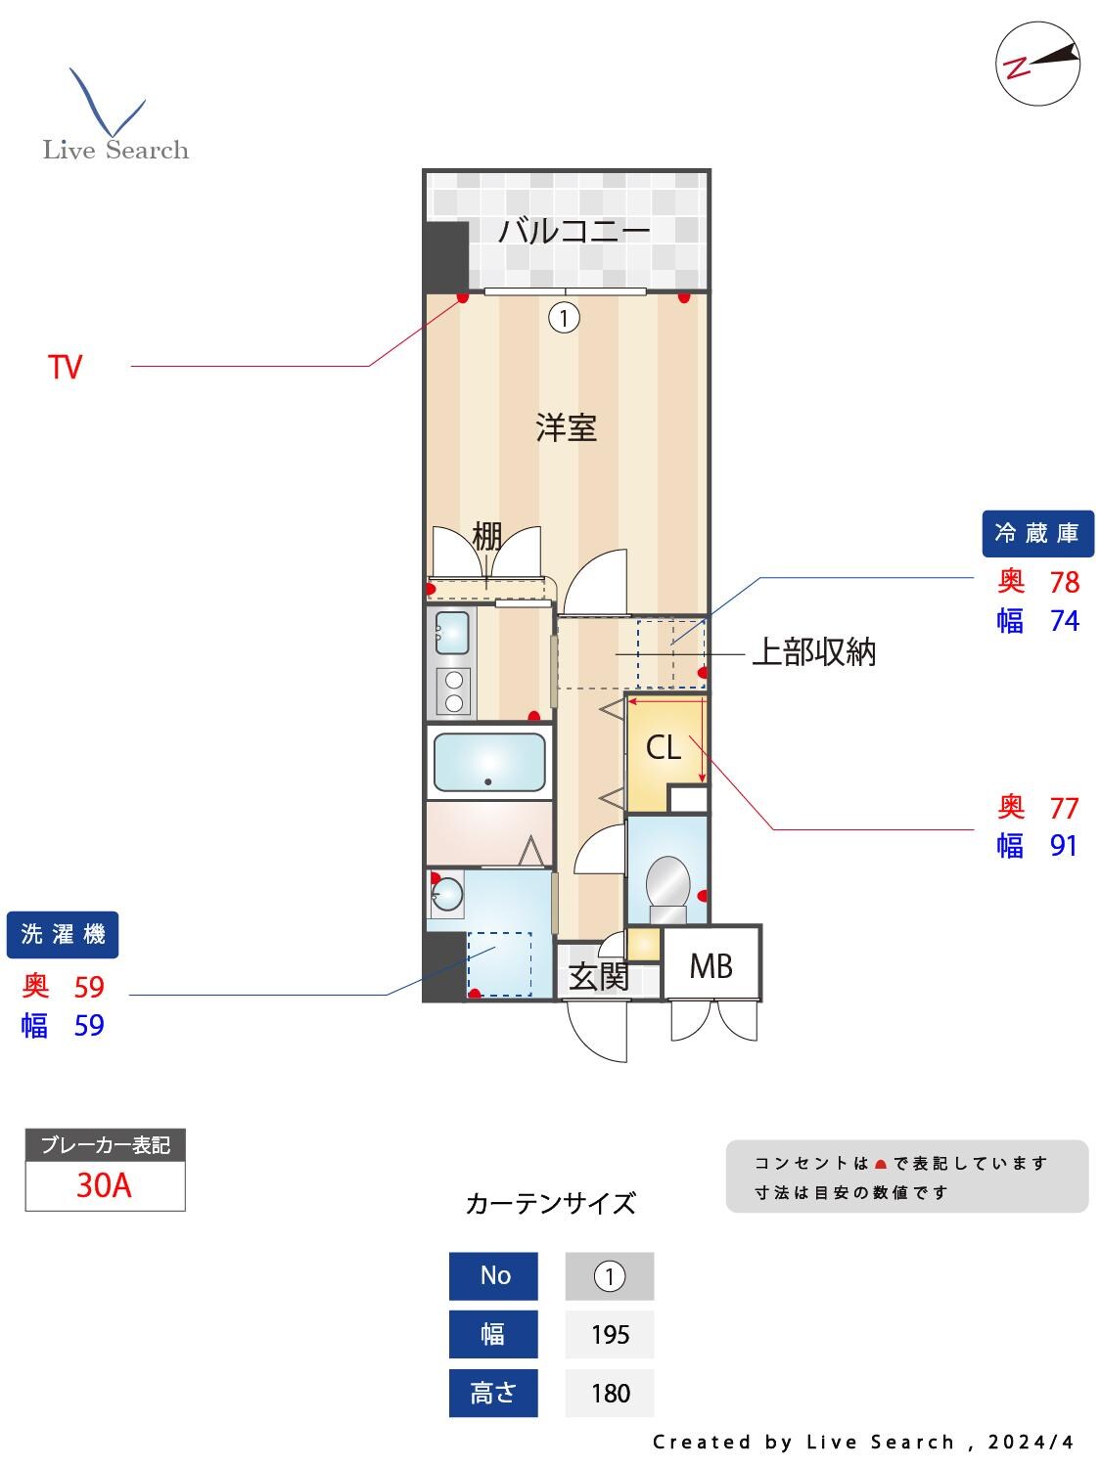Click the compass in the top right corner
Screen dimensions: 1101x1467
(1037, 64)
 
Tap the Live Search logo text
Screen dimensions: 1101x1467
(115, 150)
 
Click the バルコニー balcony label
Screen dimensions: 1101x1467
(573, 232)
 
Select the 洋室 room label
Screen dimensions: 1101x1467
(566, 427)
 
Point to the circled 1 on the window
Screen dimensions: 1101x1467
(564, 317)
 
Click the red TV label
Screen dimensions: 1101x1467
(66, 368)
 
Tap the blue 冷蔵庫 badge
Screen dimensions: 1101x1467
(1037, 533)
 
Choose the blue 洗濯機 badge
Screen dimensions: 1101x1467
(63, 934)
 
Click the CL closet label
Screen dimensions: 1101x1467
(663, 748)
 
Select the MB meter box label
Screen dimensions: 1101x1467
(711, 966)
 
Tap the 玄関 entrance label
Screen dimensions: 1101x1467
(598, 976)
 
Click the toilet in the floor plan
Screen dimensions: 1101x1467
(668, 886)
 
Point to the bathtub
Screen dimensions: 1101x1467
(489, 762)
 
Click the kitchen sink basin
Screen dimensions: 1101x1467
(451, 632)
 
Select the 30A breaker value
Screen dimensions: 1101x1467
(104, 1185)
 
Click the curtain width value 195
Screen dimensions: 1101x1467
(610, 1335)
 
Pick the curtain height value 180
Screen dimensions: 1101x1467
(610, 1393)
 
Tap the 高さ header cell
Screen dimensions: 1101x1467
(493, 1393)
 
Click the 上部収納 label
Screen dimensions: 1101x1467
(813, 652)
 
